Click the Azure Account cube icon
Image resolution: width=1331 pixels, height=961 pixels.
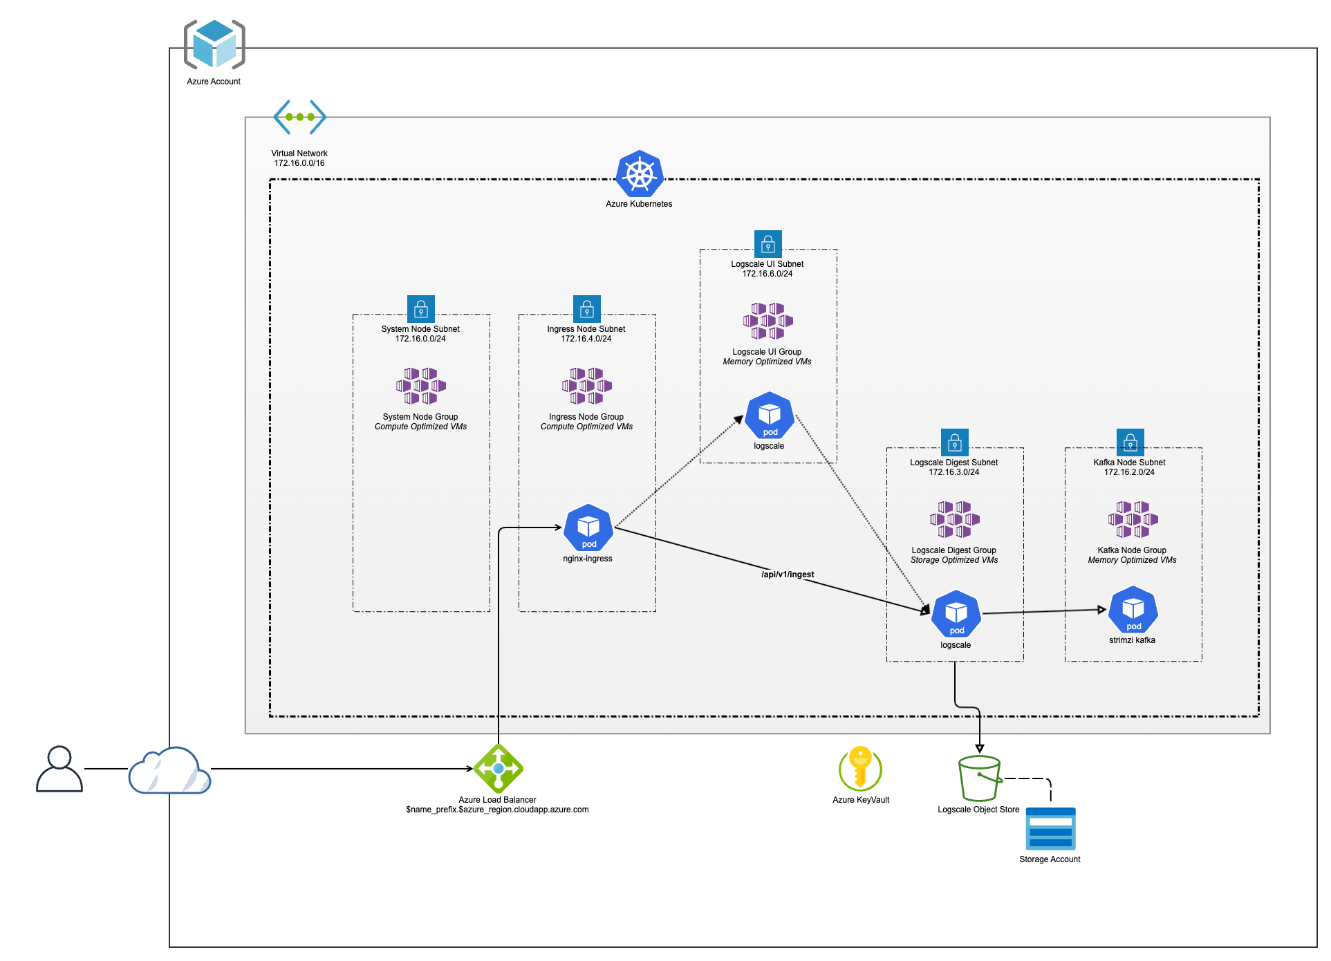click(214, 44)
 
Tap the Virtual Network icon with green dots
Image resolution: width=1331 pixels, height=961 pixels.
click(299, 117)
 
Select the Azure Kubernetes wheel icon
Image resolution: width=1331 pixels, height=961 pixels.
click(640, 174)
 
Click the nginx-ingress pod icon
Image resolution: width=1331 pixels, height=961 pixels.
click(588, 528)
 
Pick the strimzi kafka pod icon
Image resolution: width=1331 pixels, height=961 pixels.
click(1133, 610)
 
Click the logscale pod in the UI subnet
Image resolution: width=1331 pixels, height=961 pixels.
click(770, 416)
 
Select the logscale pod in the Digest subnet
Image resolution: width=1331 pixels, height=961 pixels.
click(956, 614)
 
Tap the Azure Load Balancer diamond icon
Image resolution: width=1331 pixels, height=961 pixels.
click(499, 768)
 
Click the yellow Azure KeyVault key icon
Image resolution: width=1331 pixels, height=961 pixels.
click(860, 768)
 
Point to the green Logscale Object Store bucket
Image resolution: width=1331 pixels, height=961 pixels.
click(979, 778)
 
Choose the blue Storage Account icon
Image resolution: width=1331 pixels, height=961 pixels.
click(1050, 829)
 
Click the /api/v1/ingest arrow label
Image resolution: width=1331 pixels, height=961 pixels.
click(788, 575)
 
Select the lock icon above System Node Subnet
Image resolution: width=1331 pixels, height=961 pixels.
click(420, 308)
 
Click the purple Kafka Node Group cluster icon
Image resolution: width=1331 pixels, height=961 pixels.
click(1133, 519)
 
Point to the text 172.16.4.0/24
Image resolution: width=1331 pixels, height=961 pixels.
click(586, 339)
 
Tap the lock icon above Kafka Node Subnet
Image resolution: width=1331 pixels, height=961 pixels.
click(1130, 442)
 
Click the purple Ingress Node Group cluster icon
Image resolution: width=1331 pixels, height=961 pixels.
click(586, 386)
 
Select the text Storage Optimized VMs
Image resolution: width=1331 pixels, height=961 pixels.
click(954, 560)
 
